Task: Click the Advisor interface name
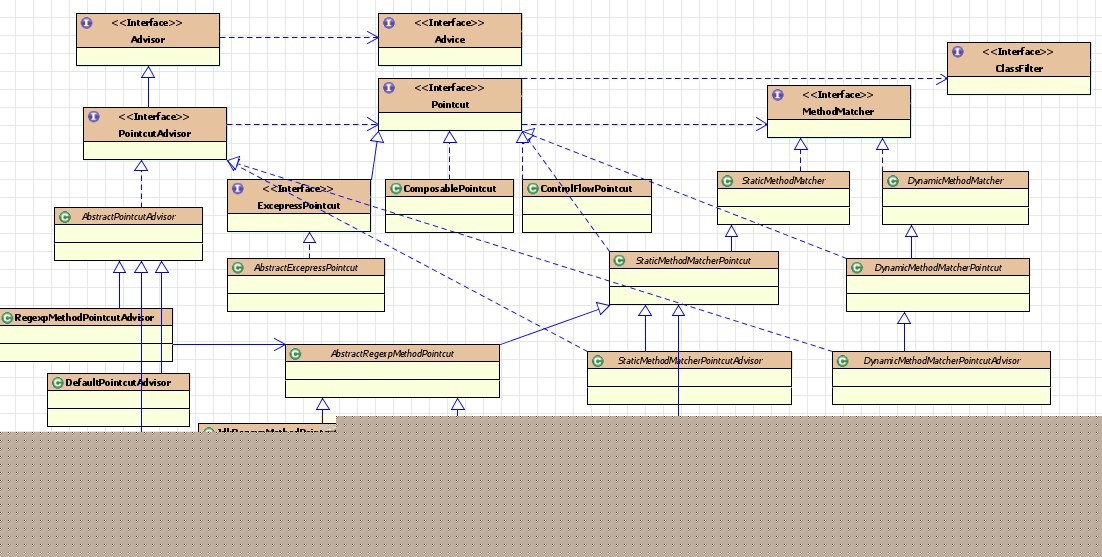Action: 148,39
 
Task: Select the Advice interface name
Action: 450,39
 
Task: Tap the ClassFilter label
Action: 1018,67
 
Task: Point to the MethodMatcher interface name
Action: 838,111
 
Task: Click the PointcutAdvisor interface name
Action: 154,133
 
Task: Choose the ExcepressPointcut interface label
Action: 298,205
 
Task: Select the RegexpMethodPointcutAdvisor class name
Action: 84,318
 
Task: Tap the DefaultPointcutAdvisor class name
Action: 118,382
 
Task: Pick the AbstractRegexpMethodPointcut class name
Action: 392,354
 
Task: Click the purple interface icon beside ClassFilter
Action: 958,52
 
